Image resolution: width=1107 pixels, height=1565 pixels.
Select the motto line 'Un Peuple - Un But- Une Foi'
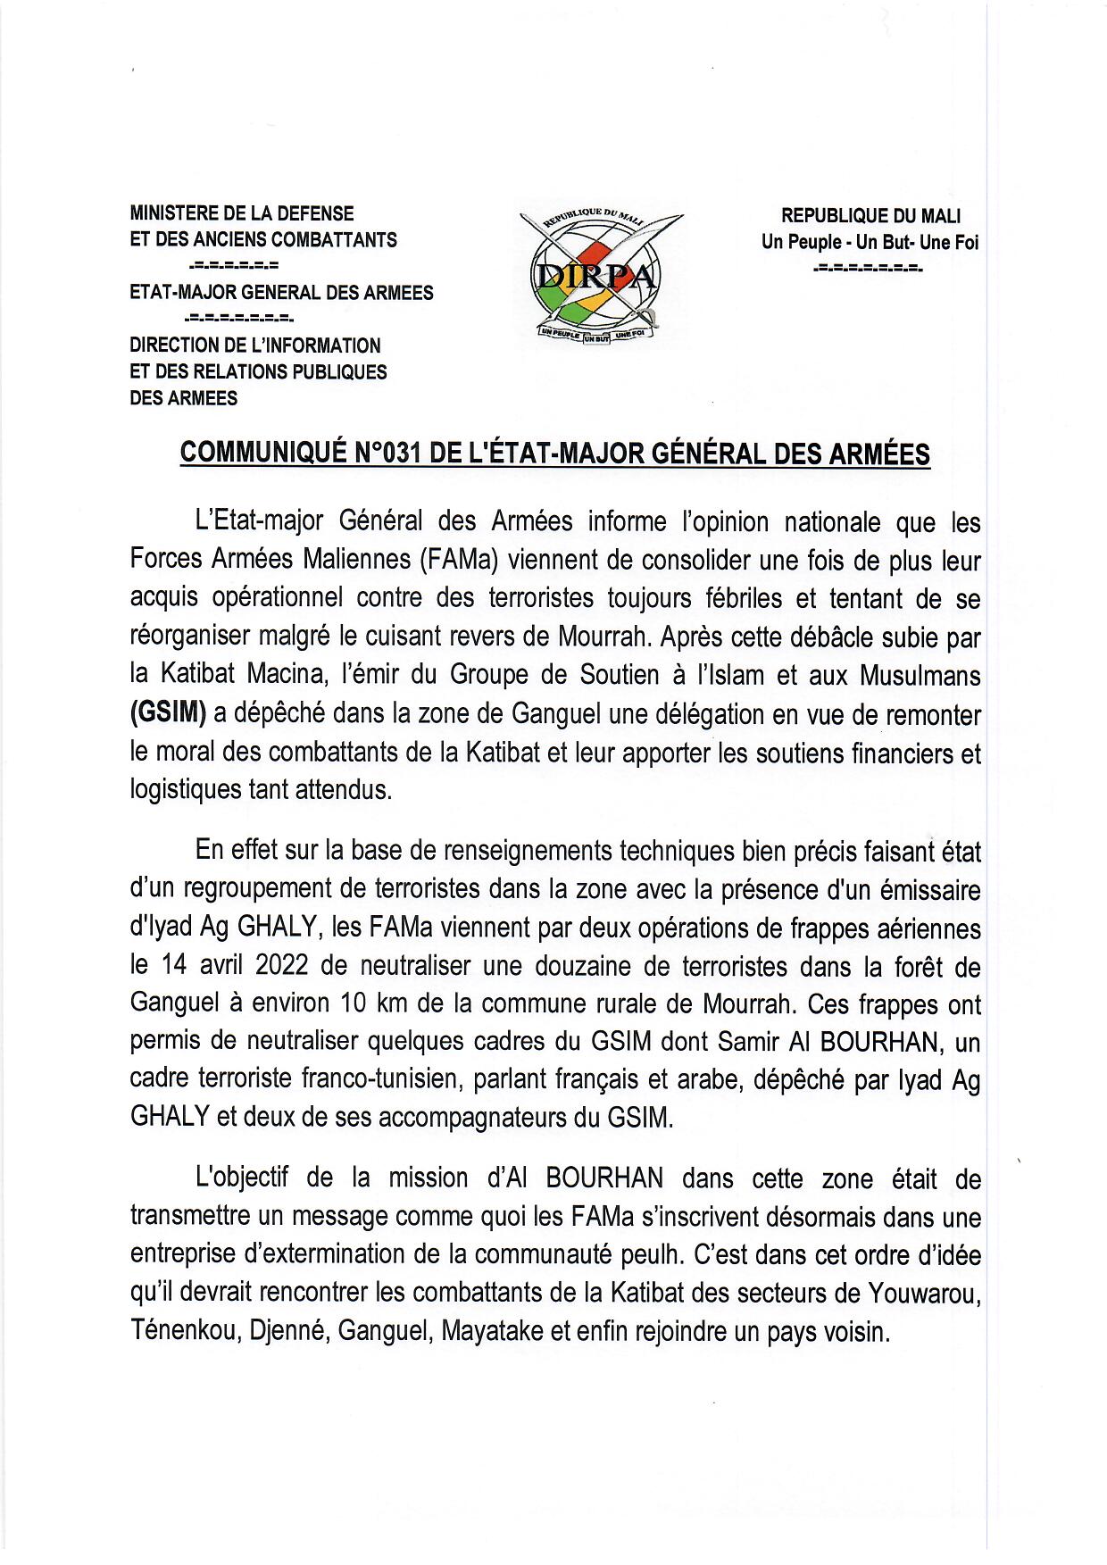[x=870, y=242]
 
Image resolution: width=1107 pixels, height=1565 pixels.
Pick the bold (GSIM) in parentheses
[x=169, y=714]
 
